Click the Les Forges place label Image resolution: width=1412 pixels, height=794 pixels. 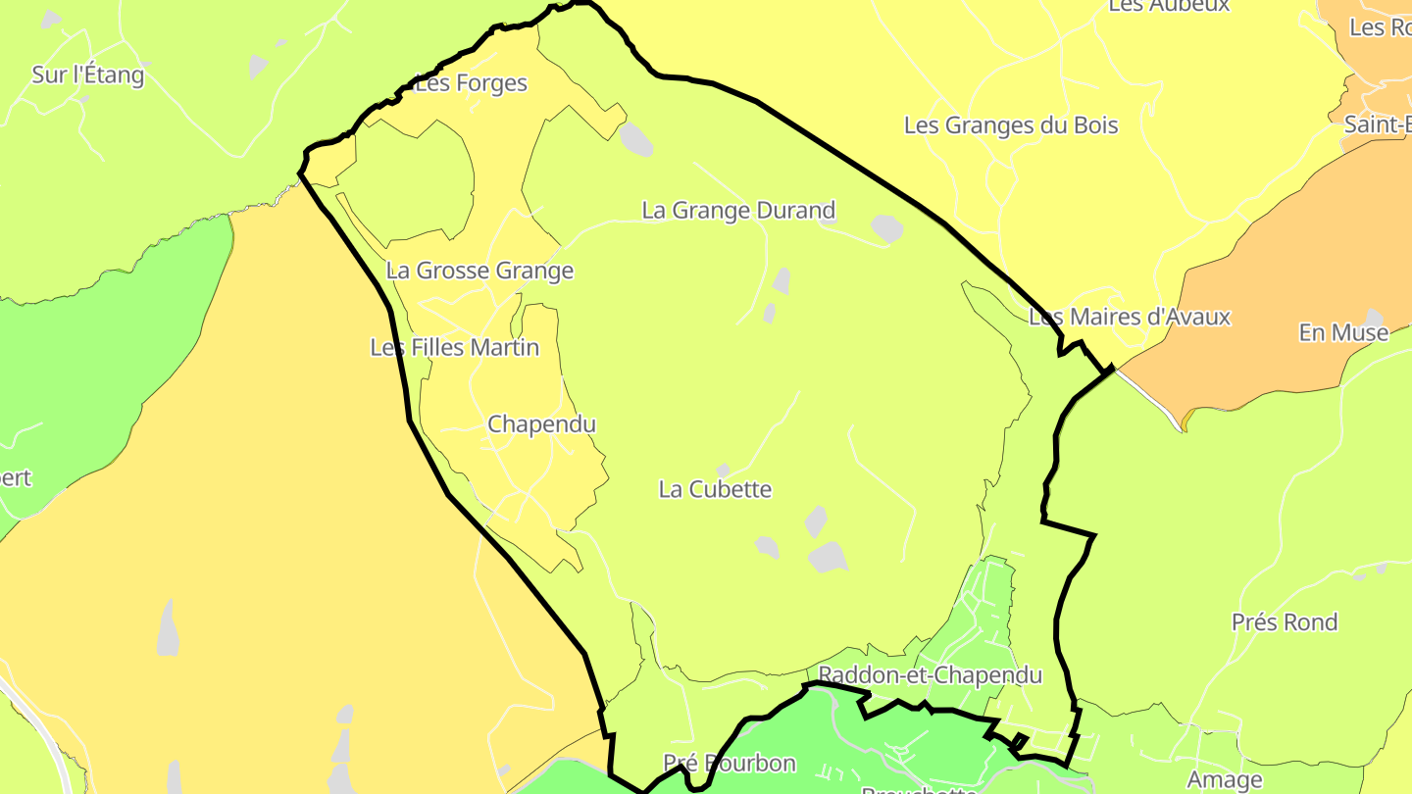(x=472, y=83)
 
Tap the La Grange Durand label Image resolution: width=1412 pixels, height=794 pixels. (x=738, y=210)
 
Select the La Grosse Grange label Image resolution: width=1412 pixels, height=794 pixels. (x=479, y=271)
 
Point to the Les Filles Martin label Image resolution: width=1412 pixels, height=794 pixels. (x=455, y=347)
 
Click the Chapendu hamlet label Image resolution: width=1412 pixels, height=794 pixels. (x=541, y=424)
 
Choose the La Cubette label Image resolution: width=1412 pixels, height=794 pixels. (x=716, y=489)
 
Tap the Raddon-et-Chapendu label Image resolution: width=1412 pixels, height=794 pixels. (x=930, y=675)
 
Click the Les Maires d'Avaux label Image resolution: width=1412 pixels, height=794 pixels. (x=1129, y=317)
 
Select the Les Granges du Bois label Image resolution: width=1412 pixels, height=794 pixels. (x=1011, y=125)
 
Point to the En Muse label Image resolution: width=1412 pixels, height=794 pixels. (x=1343, y=332)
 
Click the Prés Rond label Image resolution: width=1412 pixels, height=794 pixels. (x=1285, y=622)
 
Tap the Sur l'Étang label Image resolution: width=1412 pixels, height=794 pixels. (x=88, y=74)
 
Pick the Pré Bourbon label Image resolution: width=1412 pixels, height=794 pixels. (x=730, y=763)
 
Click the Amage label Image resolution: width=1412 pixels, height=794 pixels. (x=1225, y=780)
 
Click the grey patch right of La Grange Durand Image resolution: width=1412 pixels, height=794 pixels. (x=886, y=228)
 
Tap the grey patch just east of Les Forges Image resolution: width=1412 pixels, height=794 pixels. (x=635, y=139)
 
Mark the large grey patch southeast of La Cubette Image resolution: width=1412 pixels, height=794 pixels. (x=828, y=557)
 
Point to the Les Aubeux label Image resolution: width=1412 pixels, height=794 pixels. (x=1155, y=6)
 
